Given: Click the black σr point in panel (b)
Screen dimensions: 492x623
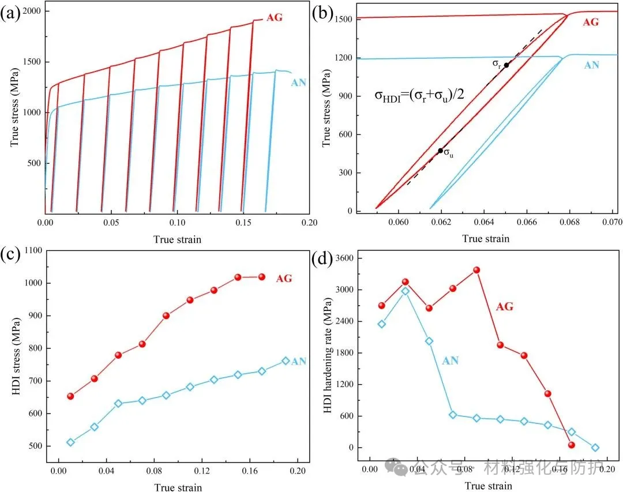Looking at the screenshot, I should (x=506, y=65).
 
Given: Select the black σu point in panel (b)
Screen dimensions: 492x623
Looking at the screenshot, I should (x=440, y=151).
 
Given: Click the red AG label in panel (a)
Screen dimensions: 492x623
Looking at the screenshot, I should (x=275, y=17).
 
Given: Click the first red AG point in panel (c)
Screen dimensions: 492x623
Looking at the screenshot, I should (x=70, y=396).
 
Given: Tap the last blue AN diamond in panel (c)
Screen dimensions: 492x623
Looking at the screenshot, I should (x=286, y=361).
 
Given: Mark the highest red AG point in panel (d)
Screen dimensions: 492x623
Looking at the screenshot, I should (x=476, y=270).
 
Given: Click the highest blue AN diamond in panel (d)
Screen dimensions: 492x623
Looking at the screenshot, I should (x=405, y=291).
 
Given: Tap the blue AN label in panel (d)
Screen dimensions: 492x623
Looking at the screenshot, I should (x=450, y=361).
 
